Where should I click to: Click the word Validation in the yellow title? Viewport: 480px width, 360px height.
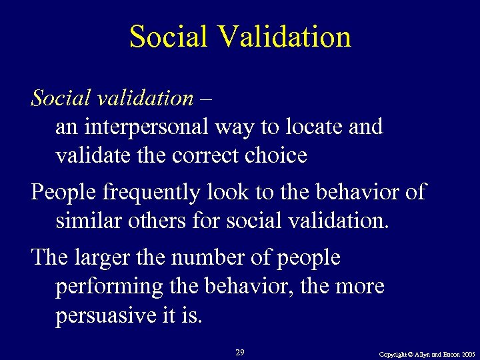[x=288, y=37]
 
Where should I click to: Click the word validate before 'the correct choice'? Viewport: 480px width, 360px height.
[x=85, y=155]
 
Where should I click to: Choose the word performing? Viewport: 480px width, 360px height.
[x=107, y=286]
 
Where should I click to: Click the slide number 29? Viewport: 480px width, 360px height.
[x=240, y=351]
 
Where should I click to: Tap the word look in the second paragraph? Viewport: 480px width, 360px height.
[x=229, y=192]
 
